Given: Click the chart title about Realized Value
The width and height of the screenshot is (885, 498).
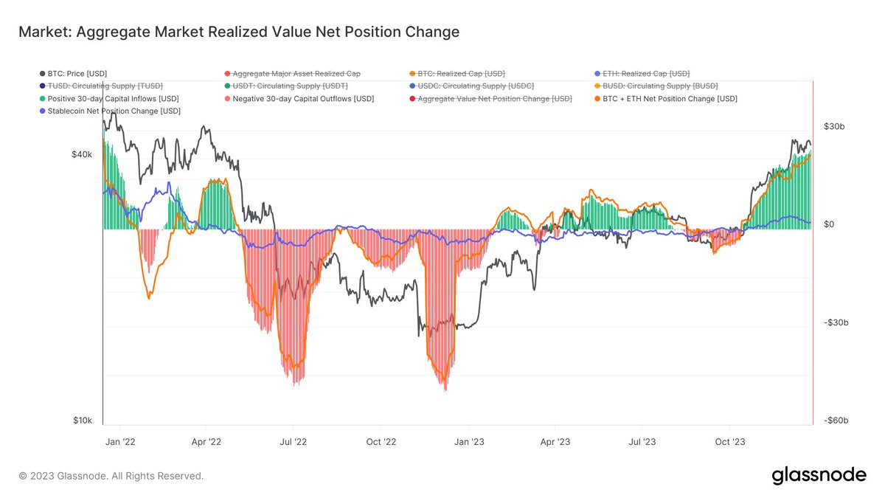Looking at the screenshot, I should (x=239, y=32).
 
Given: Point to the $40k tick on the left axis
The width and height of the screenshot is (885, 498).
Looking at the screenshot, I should (x=81, y=155).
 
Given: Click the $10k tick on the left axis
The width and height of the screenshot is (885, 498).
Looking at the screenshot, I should (x=81, y=421).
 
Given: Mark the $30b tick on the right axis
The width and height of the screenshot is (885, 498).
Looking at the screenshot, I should (x=833, y=127).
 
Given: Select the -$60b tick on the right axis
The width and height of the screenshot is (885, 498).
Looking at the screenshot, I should (x=835, y=421).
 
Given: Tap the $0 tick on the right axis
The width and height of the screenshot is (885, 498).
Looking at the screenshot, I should (x=829, y=224).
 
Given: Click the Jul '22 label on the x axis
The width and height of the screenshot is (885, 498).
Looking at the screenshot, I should (x=294, y=441).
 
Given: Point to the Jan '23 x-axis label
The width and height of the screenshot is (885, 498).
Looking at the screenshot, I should (x=468, y=441).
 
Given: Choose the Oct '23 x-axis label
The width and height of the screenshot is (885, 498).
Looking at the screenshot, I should (x=729, y=441).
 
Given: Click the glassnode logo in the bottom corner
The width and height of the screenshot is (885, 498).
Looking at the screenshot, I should (x=819, y=476).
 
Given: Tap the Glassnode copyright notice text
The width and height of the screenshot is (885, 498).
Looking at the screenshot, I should (x=111, y=477).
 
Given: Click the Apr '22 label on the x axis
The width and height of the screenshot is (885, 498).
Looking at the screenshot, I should (x=206, y=441).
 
